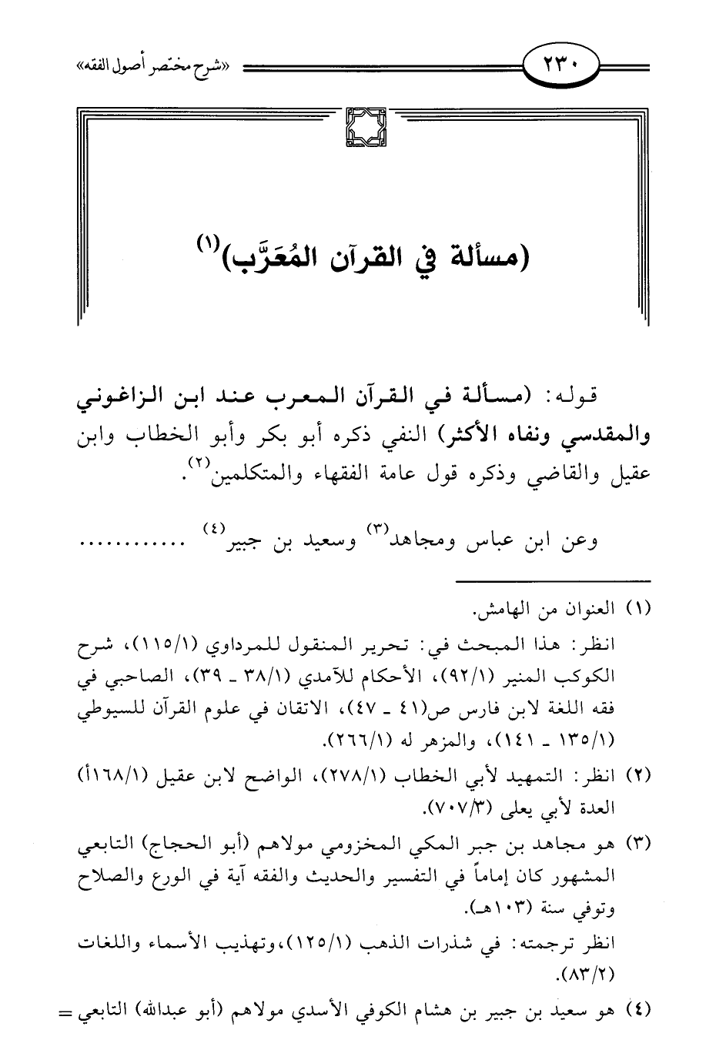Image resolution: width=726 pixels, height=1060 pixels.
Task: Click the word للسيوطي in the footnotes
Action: click(x=107, y=711)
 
